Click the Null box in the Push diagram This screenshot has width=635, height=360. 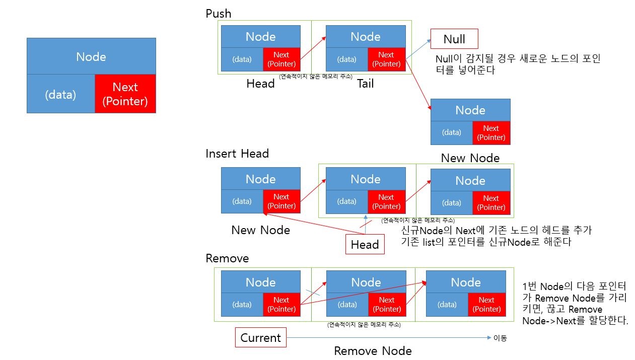coord(454,39)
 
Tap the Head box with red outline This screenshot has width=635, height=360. coord(365,245)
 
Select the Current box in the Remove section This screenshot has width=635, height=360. coord(260,337)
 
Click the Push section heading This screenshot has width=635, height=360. coord(219,14)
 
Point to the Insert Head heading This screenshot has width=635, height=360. coord(237,154)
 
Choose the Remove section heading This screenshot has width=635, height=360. coord(227,258)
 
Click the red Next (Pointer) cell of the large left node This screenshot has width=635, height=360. coord(125,94)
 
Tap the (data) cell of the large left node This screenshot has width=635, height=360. coord(60,94)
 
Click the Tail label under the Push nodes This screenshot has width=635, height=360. coord(365,84)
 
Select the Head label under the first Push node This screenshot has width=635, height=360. coord(260,84)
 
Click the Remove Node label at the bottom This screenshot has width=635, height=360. coord(373,351)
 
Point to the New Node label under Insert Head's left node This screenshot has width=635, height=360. coord(260,230)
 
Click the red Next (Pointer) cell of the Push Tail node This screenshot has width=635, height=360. coord(386,59)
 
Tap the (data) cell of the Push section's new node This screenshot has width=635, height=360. coord(451,132)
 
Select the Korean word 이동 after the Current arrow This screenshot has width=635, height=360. coord(500,338)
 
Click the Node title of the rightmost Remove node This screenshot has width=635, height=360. coord(465,282)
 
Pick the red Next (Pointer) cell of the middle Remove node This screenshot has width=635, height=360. coord(387,304)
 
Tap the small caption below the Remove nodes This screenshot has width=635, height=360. coord(364,325)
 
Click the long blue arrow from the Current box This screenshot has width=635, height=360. coord(388,338)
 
